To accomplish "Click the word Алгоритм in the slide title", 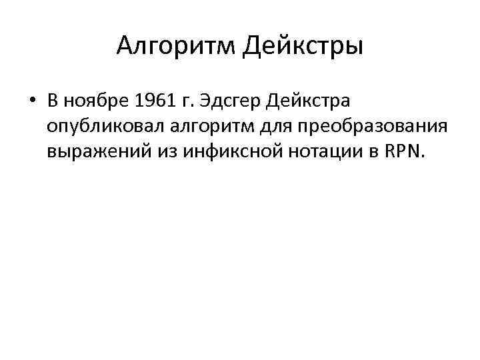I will coord(174,47).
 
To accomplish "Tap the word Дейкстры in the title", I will coord(302,47).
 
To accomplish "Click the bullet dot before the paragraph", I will coord(31,101).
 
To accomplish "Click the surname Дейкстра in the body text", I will coord(308,101).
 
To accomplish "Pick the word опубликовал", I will coord(95,128).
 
